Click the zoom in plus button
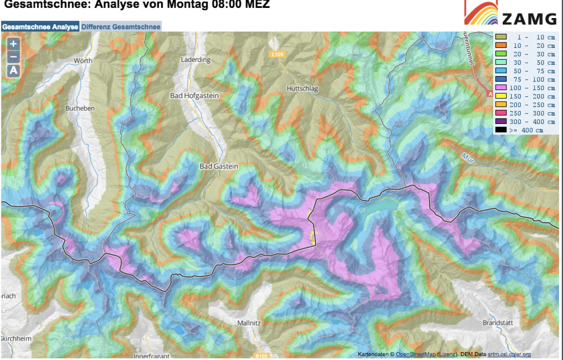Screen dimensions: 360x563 [14, 44]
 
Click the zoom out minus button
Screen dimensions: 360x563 [14, 57]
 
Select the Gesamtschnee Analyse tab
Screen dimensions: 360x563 [40, 27]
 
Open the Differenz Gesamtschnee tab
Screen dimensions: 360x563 [121, 27]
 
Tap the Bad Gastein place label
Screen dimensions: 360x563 [219, 167]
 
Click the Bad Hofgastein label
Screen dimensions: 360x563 [194, 95]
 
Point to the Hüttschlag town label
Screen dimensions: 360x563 [302, 88]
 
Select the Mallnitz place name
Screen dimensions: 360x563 [250, 323]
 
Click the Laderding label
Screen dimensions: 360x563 [196, 60]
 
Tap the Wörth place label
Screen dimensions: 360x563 [83, 61]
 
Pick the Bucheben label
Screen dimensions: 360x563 [80, 108]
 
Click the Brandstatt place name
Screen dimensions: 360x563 [498, 323]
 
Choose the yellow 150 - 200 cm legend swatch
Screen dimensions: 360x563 [501, 96]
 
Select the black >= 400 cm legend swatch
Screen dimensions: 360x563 [501, 130]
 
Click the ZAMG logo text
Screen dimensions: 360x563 [529, 19]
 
